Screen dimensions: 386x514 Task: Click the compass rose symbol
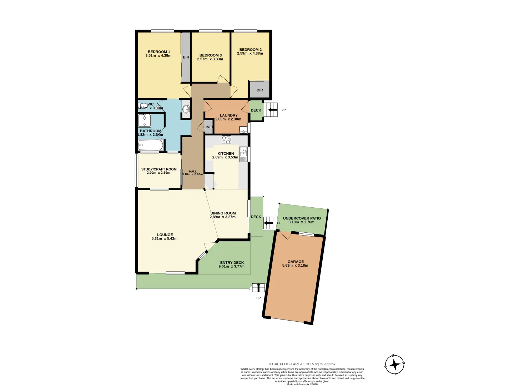tap(394, 365)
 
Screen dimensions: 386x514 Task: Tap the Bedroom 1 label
tap(159, 52)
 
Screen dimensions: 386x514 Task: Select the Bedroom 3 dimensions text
tap(210, 59)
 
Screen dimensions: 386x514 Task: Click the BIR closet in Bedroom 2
tap(259, 90)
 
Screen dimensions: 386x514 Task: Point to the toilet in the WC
tap(143, 106)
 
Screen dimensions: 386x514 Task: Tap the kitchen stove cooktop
tap(226, 140)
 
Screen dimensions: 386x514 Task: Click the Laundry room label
tap(228, 115)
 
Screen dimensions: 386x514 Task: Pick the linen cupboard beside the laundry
tap(208, 127)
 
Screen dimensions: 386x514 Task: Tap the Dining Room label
tap(223, 213)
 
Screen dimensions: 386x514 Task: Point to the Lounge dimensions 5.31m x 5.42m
tap(165, 239)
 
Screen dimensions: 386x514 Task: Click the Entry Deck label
tap(232, 263)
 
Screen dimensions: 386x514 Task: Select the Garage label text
tap(296, 262)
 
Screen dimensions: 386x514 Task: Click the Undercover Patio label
tap(302, 218)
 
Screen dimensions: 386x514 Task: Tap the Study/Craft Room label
tap(159, 169)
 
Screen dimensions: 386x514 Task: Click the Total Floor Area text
tap(302, 364)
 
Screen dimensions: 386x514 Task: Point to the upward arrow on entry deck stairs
tap(258, 287)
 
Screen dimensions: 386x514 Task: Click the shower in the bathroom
tap(145, 120)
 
